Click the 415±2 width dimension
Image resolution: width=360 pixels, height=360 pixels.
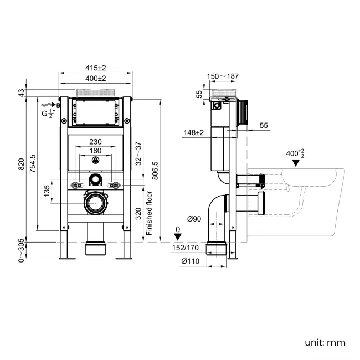pyautogui.click(x=95, y=68)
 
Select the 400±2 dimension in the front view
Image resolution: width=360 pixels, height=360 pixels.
pyautogui.click(x=95, y=79)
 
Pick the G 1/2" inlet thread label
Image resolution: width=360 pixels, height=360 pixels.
pyautogui.click(x=48, y=114)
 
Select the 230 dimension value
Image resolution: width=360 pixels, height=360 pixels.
pyautogui.click(x=96, y=142)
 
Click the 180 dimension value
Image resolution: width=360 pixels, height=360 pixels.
pyautogui.click(x=96, y=151)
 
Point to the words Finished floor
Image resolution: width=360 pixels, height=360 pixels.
pyautogui.click(x=148, y=213)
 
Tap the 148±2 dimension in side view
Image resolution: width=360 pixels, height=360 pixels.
pyautogui.click(x=194, y=133)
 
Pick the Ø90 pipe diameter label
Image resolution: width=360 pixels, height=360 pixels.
pyautogui.click(x=194, y=219)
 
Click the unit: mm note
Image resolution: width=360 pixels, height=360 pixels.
pyautogui.click(x=325, y=342)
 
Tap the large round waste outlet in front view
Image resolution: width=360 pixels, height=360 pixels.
pyautogui.click(x=95, y=203)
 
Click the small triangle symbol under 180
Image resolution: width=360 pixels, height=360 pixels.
pyautogui.click(x=95, y=161)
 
